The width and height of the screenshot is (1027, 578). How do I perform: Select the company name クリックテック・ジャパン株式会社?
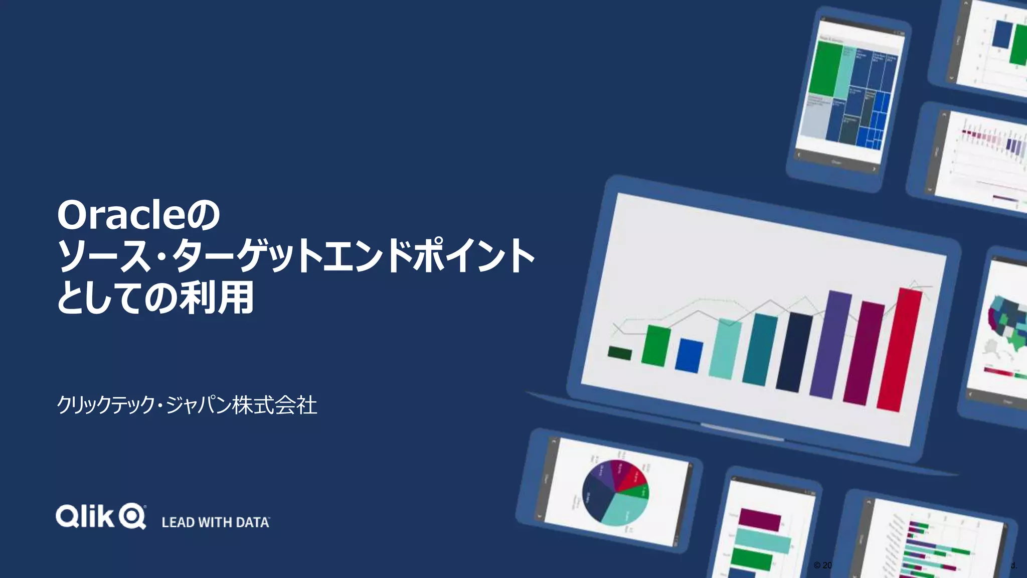pyautogui.click(x=187, y=405)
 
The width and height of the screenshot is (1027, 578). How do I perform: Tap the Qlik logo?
pyautogui.click(x=101, y=516)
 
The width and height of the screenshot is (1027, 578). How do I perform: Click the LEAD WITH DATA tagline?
pyautogui.click(x=215, y=522)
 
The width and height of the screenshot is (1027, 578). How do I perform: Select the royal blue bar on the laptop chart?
pyautogui.click(x=689, y=355)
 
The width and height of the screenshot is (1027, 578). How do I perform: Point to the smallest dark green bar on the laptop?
pyautogui.click(x=619, y=353)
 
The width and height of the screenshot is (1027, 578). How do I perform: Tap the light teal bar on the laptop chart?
pyautogui.click(x=725, y=349)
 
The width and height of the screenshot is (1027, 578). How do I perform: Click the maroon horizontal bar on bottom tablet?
pyautogui.click(x=759, y=519)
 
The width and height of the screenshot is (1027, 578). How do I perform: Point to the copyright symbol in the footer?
pyautogui.click(x=817, y=565)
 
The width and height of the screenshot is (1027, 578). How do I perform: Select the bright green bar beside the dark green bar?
pyautogui.click(x=656, y=345)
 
